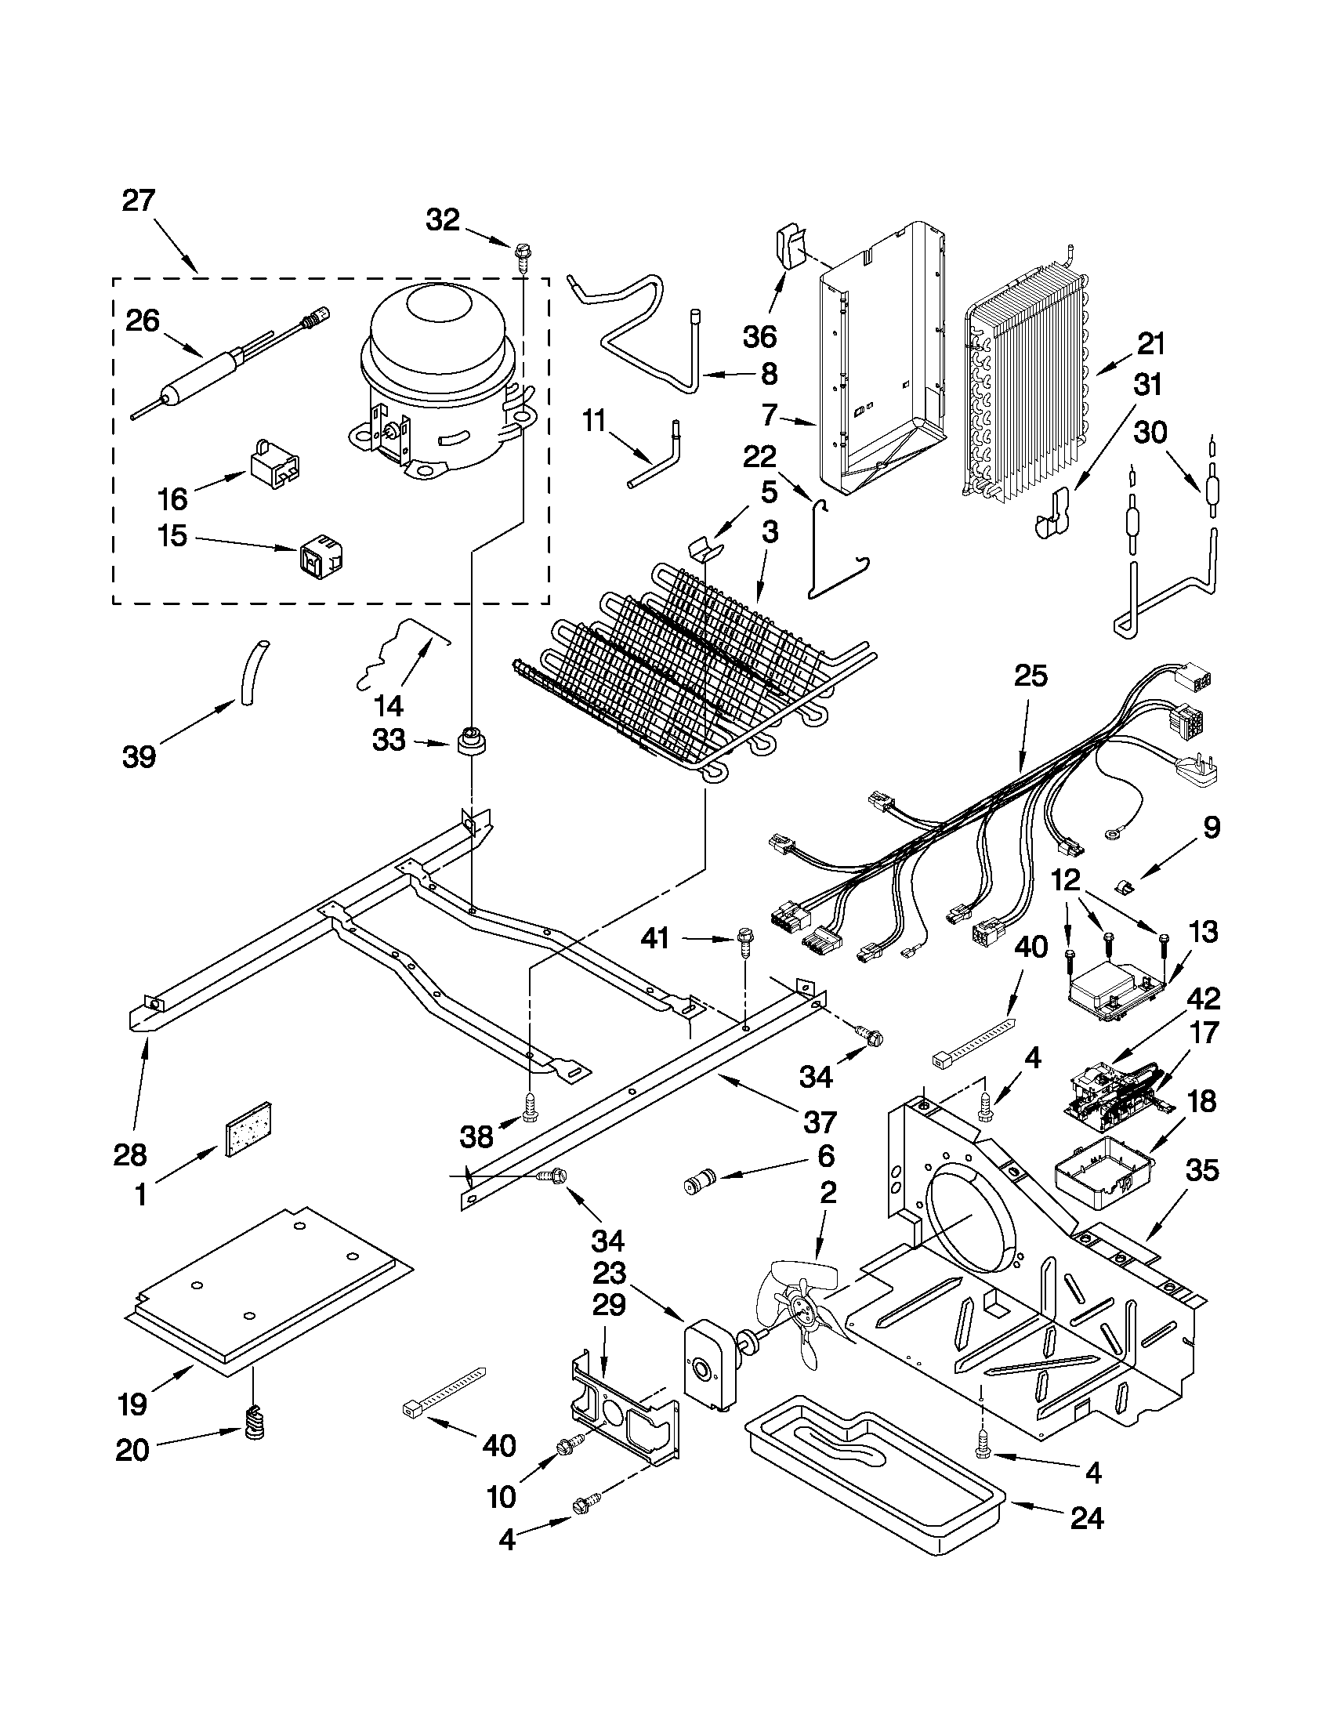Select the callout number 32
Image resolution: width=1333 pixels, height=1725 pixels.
(442, 220)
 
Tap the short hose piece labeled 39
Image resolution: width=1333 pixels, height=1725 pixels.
(250, 673)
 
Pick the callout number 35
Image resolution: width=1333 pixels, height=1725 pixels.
(1202, 1171)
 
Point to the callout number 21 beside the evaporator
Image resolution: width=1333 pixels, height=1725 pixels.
(1151, 344)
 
